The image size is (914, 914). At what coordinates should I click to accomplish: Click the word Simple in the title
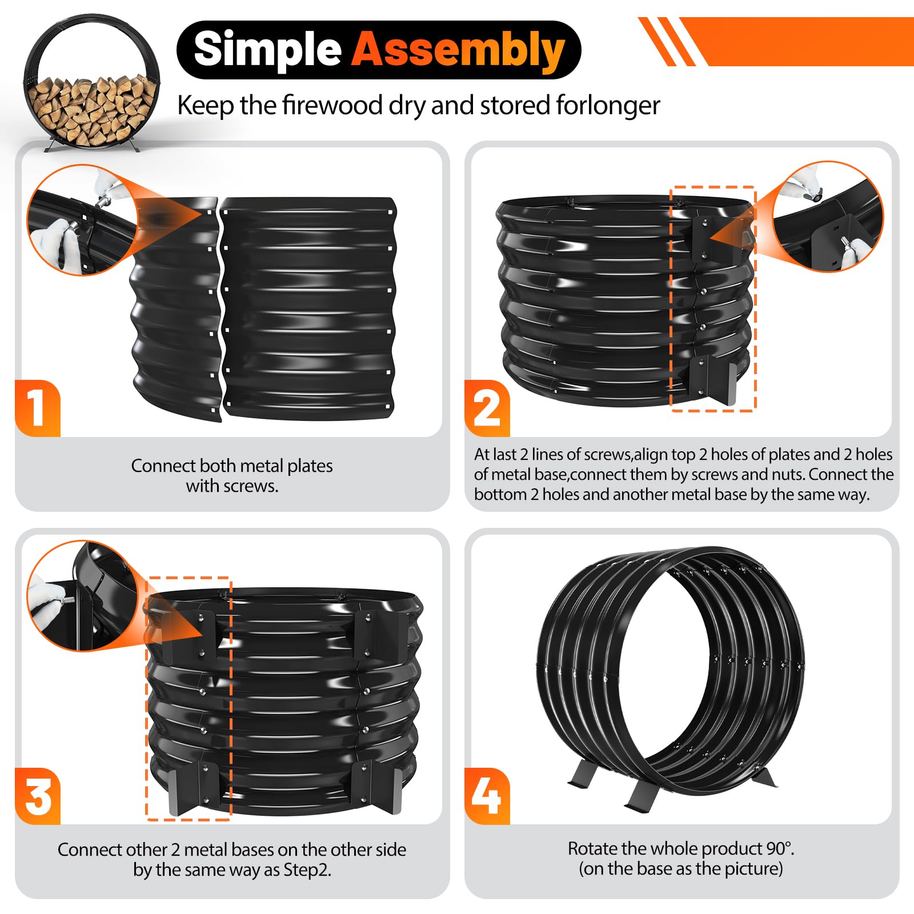267,49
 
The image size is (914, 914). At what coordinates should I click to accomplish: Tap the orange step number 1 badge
38,408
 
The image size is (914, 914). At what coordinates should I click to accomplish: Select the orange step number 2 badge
487,408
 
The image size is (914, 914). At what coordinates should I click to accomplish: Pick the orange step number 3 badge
38,796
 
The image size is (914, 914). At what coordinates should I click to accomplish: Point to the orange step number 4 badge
487,796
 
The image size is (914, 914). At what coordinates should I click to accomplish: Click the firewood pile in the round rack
91,109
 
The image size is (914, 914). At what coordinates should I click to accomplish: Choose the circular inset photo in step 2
828,217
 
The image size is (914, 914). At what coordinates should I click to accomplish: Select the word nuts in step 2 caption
784,475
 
